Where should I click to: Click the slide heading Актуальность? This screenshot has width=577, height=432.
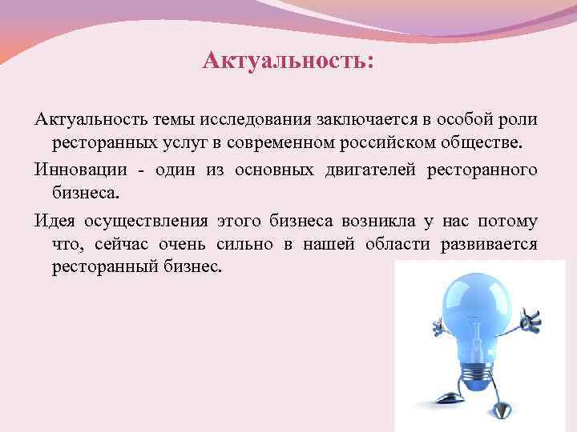pos(288,61)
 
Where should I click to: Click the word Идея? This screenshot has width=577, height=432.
pos(53,221)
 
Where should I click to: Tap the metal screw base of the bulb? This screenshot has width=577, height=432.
pos(478,370)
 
